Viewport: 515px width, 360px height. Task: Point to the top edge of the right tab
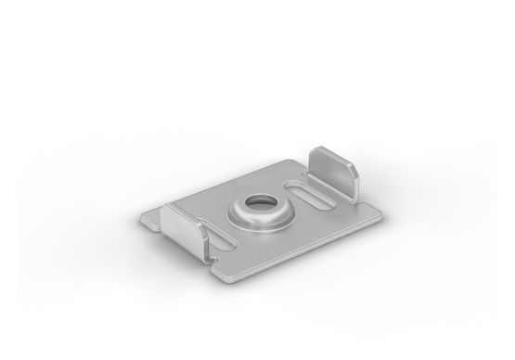327,148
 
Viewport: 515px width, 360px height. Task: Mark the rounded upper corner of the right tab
351,160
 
